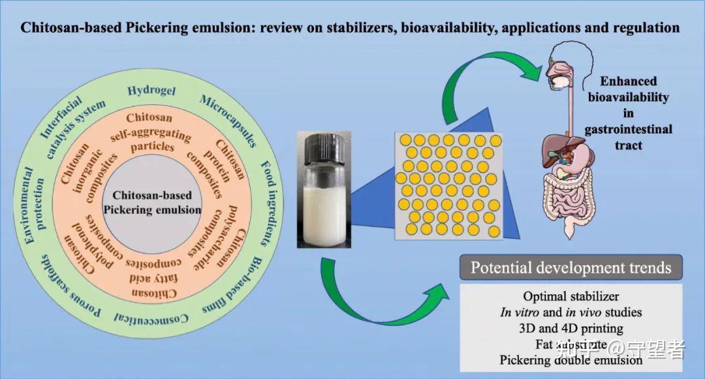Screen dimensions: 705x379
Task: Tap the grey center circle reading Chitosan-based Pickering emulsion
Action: click(152, 202)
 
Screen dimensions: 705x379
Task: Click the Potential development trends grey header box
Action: click(571, 267)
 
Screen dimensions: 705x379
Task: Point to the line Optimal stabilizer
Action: click(571, 297)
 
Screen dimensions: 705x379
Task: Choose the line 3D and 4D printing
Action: click(571, 328)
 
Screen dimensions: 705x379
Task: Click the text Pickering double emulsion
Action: click(571, 359)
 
